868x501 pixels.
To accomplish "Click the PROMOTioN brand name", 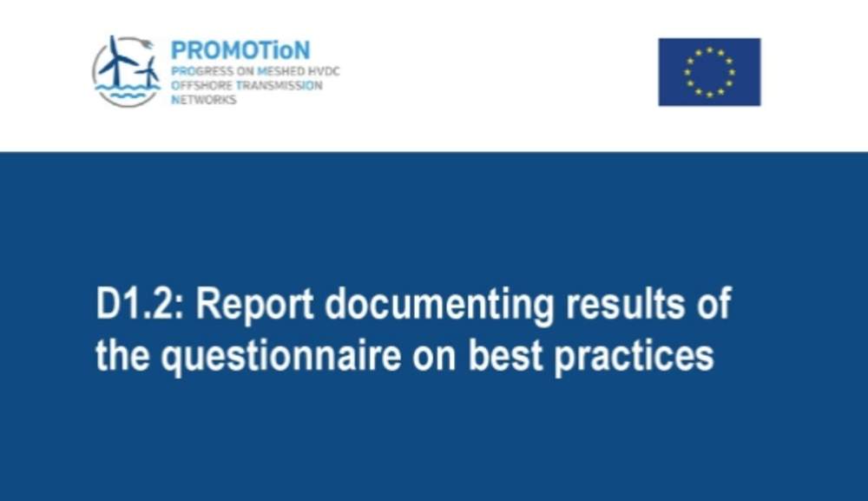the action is point(240,50).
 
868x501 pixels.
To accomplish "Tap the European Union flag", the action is point(709,72).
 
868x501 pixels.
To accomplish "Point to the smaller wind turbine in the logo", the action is point(148,73).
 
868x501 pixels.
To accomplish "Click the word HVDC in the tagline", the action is point(325,71).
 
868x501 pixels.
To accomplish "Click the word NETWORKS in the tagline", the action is point(204,100).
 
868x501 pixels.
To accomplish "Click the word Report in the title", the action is point(254,305).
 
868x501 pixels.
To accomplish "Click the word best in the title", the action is point(505,355).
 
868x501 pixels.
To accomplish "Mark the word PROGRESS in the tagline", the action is point(201,71).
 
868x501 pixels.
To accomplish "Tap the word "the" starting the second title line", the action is point(122,355).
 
